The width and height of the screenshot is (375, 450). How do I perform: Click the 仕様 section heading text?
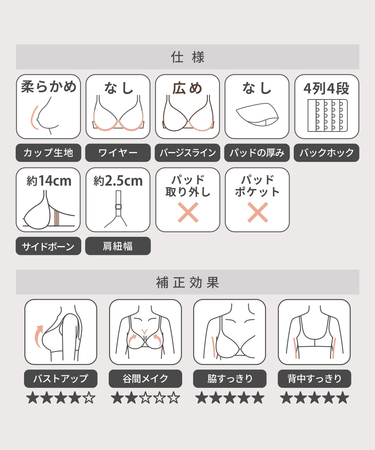187,57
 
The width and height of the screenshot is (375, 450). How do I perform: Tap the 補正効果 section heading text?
187,282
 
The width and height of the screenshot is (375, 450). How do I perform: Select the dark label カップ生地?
48,153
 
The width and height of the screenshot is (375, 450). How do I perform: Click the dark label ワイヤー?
118,153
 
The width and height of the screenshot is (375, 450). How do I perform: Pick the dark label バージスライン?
187,153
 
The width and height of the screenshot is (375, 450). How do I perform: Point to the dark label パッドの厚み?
257,153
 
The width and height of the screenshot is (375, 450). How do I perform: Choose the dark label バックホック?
327,153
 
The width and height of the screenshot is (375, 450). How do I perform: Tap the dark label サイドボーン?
48,246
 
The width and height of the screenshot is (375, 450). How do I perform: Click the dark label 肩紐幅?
118,246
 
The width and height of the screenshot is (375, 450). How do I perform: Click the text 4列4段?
327,88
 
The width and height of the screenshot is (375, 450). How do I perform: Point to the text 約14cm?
49,181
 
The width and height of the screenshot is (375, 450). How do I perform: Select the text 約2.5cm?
118,181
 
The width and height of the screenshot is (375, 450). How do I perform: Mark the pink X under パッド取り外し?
188,212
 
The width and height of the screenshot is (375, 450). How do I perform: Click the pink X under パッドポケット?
257,212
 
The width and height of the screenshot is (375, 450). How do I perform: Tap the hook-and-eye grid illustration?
327,116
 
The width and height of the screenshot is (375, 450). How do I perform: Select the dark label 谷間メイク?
145,379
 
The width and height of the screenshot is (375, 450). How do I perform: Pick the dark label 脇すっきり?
230,379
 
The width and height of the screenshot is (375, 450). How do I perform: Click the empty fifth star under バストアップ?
89,397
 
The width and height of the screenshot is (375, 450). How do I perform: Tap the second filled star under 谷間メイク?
131,397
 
